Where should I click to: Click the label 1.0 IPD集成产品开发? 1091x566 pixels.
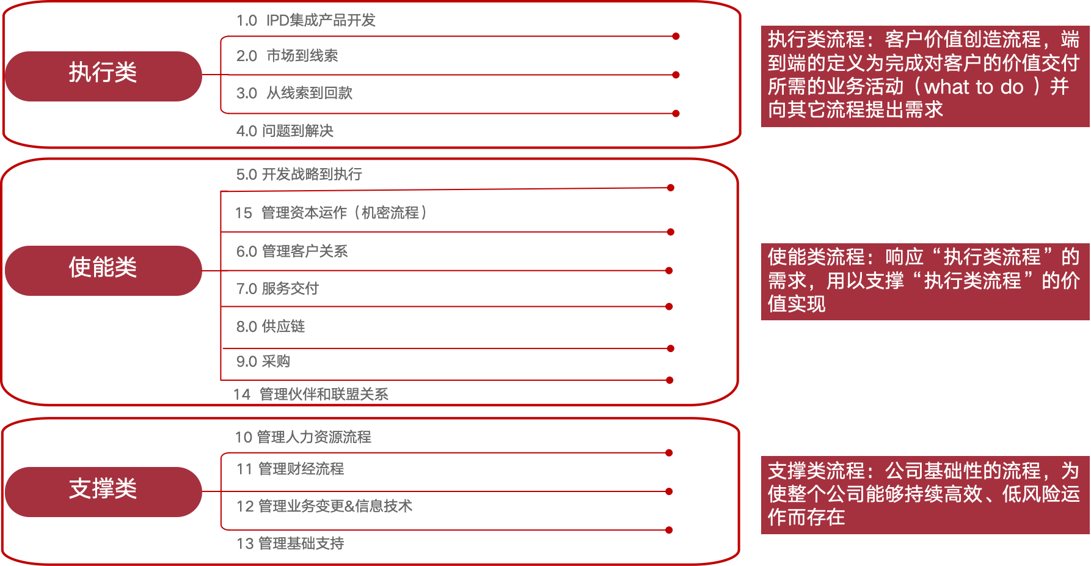(305, 21)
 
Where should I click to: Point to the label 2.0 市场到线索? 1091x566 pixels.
(286, 56)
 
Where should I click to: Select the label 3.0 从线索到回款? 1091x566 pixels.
(294, 94)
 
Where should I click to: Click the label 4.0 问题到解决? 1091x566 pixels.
(285, 131)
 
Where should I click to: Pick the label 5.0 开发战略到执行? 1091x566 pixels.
(299, 175)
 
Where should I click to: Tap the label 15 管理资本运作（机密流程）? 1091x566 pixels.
(330, 213)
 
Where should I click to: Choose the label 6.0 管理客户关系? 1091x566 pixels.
(291, 251)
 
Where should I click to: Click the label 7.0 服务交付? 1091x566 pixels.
(277, 289)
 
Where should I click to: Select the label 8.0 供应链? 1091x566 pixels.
(270, 326)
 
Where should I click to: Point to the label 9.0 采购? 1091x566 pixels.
(263, 362)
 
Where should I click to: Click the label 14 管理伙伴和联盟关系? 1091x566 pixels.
(310, 395)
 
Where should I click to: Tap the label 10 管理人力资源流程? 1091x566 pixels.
(302, 437)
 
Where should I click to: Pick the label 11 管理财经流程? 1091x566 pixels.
(290, 469)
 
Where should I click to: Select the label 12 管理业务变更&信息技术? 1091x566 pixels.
(324, 506)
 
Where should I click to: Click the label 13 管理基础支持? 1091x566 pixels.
(290, 543)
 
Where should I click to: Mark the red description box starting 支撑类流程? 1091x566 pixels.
(925, 494)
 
